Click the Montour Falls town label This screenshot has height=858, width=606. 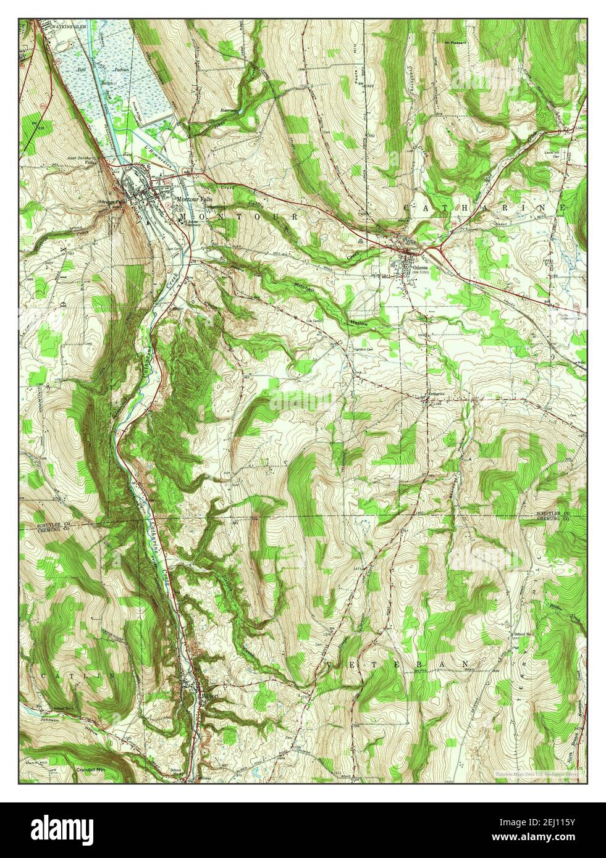(x=194, y=199)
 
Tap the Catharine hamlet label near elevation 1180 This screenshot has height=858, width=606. (x=434, y=393)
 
